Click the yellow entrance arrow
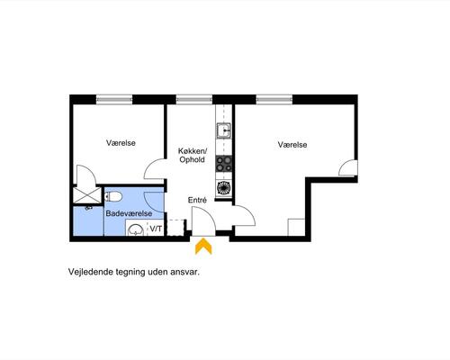(203, 246)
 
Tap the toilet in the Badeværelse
(113, 197)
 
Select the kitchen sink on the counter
(224, 130)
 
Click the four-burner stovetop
(224, 164)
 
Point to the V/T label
(156, 229)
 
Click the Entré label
(197, 200)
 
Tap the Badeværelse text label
(129, 213)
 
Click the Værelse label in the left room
(121, 143)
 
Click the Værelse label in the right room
(292, 145)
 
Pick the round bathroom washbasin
(136, 230)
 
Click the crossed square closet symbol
(87, 195)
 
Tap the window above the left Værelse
(114, 99)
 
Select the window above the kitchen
(193, 99)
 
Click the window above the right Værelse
(274, 99)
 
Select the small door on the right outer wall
(348, 168)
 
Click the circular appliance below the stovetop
(224, 187)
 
